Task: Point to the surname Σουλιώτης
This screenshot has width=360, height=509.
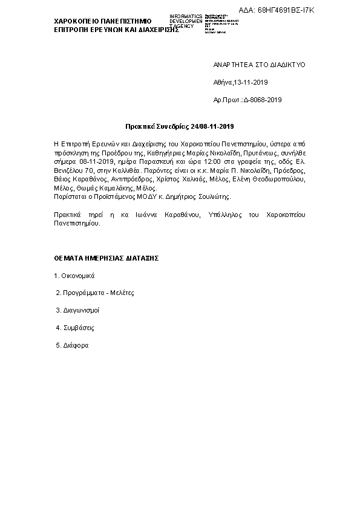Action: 197,196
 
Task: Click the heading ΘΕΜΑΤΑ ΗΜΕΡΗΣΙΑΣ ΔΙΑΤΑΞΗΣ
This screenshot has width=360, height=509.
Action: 106,258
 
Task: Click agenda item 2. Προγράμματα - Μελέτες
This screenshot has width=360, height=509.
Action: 94,293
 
